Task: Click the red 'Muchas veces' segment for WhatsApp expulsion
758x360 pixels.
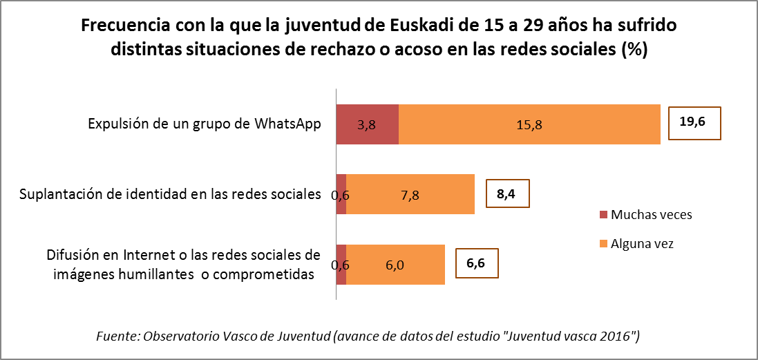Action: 367,124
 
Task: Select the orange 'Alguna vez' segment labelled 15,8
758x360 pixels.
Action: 529,124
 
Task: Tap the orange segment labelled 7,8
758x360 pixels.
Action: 410,195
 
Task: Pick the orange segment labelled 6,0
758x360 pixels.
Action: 395,265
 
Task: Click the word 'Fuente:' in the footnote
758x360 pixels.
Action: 117,337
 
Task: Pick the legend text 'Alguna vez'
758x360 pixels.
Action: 642,243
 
